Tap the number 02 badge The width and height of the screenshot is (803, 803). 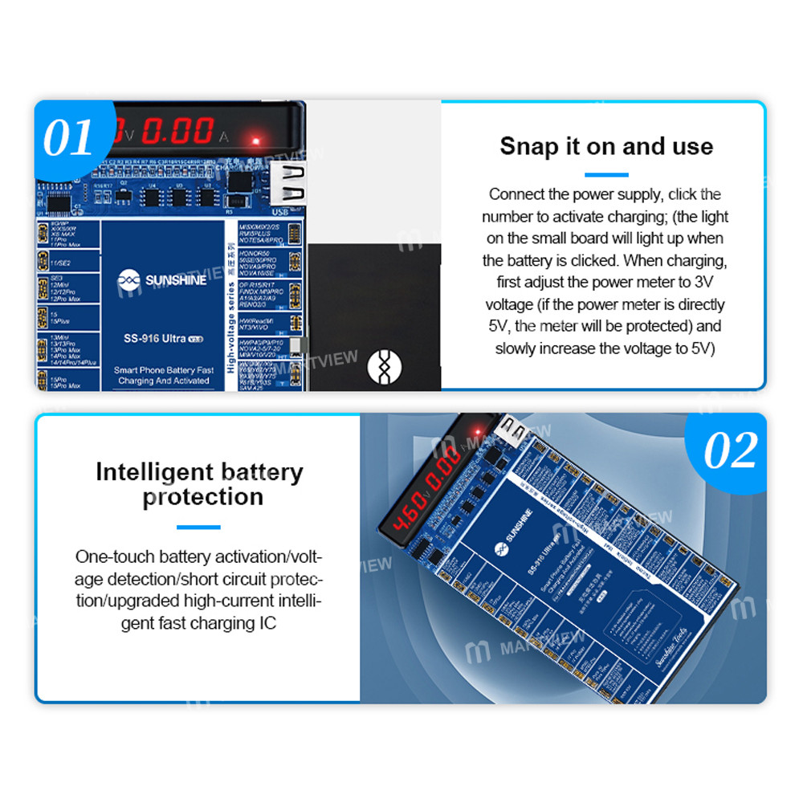730,450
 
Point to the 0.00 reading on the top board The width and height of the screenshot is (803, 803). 177,131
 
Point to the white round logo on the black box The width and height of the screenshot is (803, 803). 383,366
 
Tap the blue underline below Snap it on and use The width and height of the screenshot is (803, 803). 606,174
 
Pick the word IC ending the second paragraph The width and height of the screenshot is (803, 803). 266,623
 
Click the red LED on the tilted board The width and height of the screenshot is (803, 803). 474,426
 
